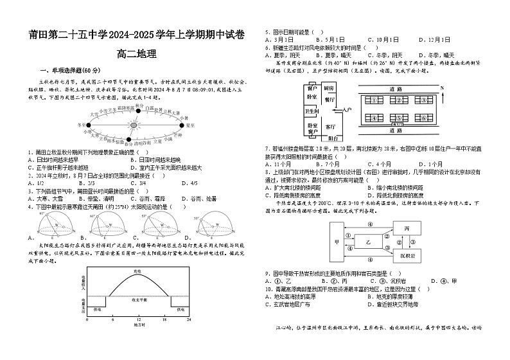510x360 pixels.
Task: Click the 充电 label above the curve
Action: click(x=137, y=272)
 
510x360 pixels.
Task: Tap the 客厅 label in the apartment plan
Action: click(x=330, y=127)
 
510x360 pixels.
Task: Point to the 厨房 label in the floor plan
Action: click(x=329, y=87)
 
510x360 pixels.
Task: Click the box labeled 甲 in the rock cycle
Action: click(x=337, y=243)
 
